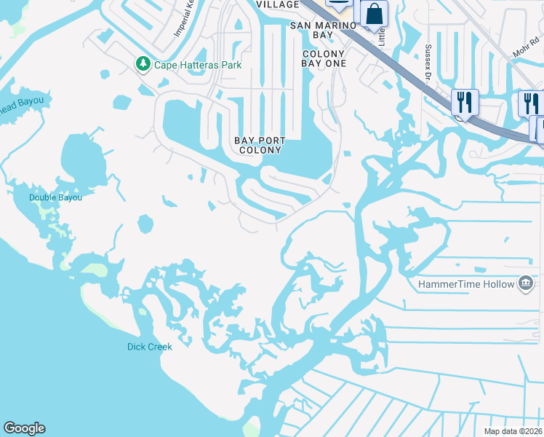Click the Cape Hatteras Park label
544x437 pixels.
pos(197,65)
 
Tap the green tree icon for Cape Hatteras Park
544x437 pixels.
pos(143,64)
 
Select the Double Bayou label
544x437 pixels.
pos(55,197)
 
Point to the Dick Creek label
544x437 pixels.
pos(150,347)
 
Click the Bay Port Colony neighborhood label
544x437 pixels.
pos(260,145)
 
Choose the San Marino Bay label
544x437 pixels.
pos(324,30)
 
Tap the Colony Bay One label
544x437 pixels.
pos(323,58)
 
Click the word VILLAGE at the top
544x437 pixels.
pos(277,4)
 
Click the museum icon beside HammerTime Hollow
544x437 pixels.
pos(526,283)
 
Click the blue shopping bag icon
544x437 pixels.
pos(374,14)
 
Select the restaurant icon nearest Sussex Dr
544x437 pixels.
pos(463,101)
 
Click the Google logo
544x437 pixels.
pos(24,428)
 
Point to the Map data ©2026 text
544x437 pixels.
pos(513,431)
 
